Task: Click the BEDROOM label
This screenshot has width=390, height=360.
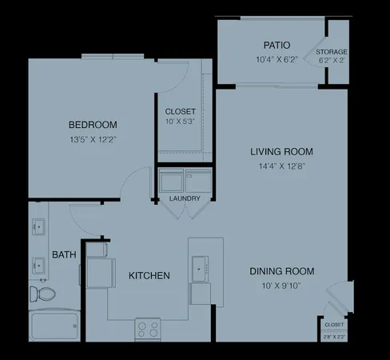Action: click(93, 125)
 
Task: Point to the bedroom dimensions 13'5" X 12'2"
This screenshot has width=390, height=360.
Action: click(93, 141)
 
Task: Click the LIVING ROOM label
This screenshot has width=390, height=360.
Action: click(281, 151)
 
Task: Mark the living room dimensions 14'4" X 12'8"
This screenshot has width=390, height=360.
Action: click(281, 166)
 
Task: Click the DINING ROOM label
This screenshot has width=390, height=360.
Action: click(282, 271)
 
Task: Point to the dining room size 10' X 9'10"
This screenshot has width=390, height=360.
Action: click(282, 286)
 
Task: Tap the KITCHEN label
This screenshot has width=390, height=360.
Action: click(149, 276)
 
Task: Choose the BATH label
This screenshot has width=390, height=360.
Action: click(64, 255)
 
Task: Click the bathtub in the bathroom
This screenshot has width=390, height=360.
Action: click(54, 326)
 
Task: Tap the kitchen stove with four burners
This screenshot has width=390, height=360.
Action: click(148, 328)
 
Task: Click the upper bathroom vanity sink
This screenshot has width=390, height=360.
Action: click(38, 226)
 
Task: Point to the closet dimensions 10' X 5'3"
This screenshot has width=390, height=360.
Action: click(181, 122)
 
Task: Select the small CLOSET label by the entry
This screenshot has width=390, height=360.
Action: click(334, 324)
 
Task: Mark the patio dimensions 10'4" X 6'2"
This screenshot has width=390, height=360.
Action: click(277, 60)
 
